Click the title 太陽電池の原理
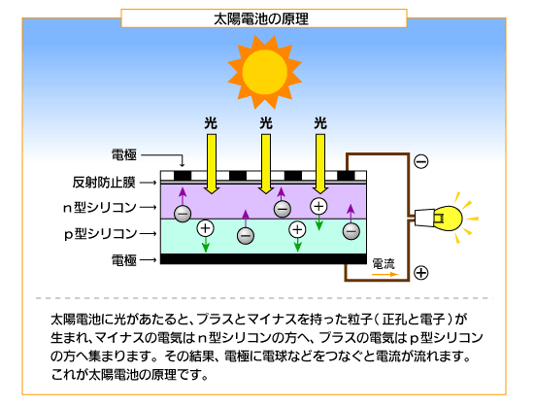pyautogui.click(x=261, y=19)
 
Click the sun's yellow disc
pyautogui.click(x=265, y=72)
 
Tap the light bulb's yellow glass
pyautogui.click(x=448, y=219)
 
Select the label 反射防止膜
pyautogui.click(x=104, y=183)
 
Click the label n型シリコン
pyautogui.click(x=100, y=208)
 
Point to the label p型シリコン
pyautogui.click(x=101, y=234)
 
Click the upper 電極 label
pyautogui.click(x=124, y=154)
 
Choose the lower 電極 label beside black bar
pyautogui.click(x=124, y=260)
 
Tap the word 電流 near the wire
pyautogui.click(x=384, y=264)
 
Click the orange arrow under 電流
pyautogui.click(x=385, y=274)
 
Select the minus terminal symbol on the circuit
pyautogui.click(x=421, y=161)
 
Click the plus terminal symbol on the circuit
pyautogui.click(x=421, y=273)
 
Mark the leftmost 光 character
pyautogui.click(x=211, y=123)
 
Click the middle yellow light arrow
pyautogui.click(x=266, y=164)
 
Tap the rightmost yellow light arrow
pyautogui.click(x=320, y=164)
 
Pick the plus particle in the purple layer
pyautogui.click(x=318, y=206)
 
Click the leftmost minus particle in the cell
pyautogui.click(x=183, y=214)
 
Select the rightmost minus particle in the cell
pyautogui.click(x=351, y=231)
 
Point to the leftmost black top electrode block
pyautogui.click(x=183, y=176)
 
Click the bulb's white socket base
pyautogui.click(x=423, y=218)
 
